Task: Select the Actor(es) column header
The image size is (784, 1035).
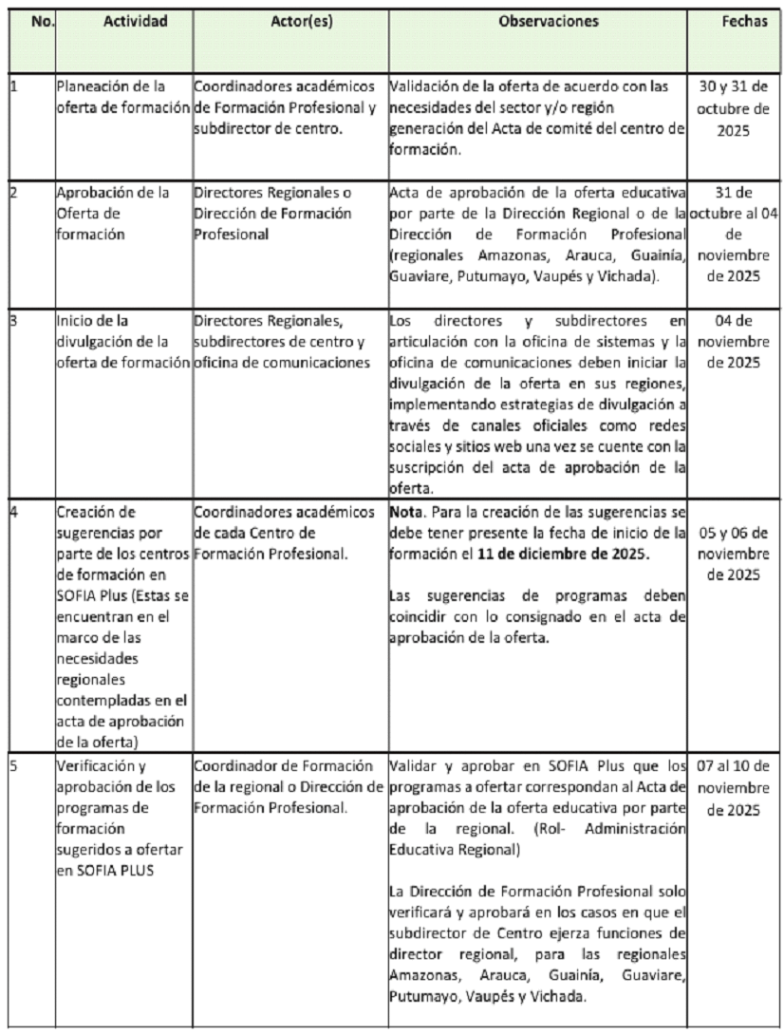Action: tap(289, 20)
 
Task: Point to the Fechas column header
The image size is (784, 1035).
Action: tap(745, 20)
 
